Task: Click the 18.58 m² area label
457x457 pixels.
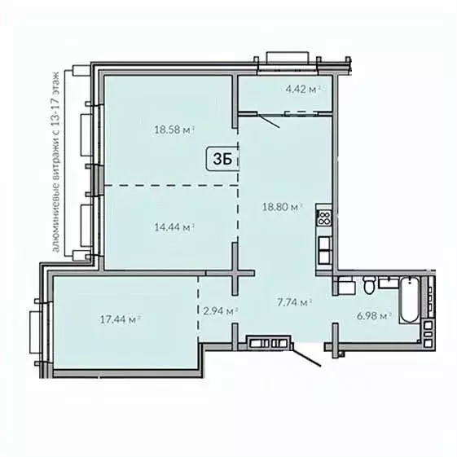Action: pyautogui.click(x=175, y=128)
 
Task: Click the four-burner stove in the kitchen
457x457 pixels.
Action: pyautogui.click(x=323, y=218)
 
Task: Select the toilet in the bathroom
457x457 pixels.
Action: pyautogui.click(x=368, y=286)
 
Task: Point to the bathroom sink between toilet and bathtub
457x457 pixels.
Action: pyautogui.click(x=345, y=285)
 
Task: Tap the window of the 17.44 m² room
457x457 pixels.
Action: pyautogui.click(x=34, y=329)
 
